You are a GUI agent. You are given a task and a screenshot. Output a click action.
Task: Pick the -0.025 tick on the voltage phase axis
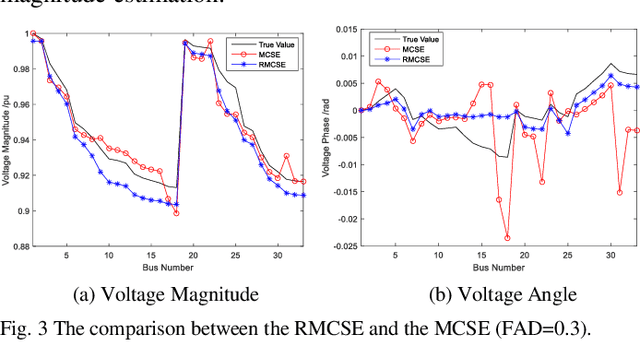[340, 246]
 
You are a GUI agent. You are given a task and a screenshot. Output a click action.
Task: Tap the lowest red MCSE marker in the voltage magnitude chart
[176, 213]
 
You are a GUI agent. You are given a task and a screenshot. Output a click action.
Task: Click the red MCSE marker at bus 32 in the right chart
[628, 129]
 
